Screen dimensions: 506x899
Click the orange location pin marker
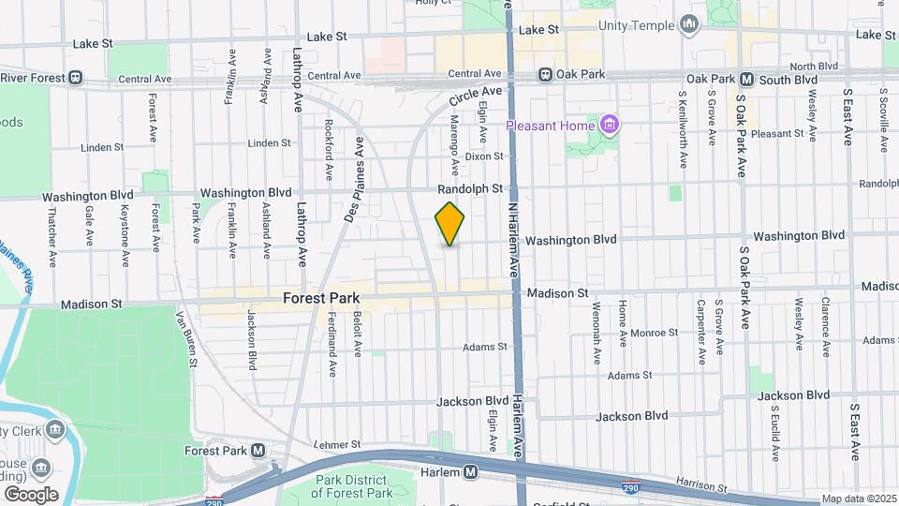[450, 224]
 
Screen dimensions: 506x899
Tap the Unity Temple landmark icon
[690, 23]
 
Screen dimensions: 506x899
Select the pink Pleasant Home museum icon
[610, 125]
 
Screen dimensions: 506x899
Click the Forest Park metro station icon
[258, 451]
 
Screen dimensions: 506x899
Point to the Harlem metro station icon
[470, 471]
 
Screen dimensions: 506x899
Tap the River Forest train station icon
[76, 78]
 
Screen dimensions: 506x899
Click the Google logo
[30, 494]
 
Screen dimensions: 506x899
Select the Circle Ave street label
[476, 96]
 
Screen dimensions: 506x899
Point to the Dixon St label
[484, 156]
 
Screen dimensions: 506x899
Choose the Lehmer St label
[337, 444]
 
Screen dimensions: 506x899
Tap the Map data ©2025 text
[859, 499]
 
